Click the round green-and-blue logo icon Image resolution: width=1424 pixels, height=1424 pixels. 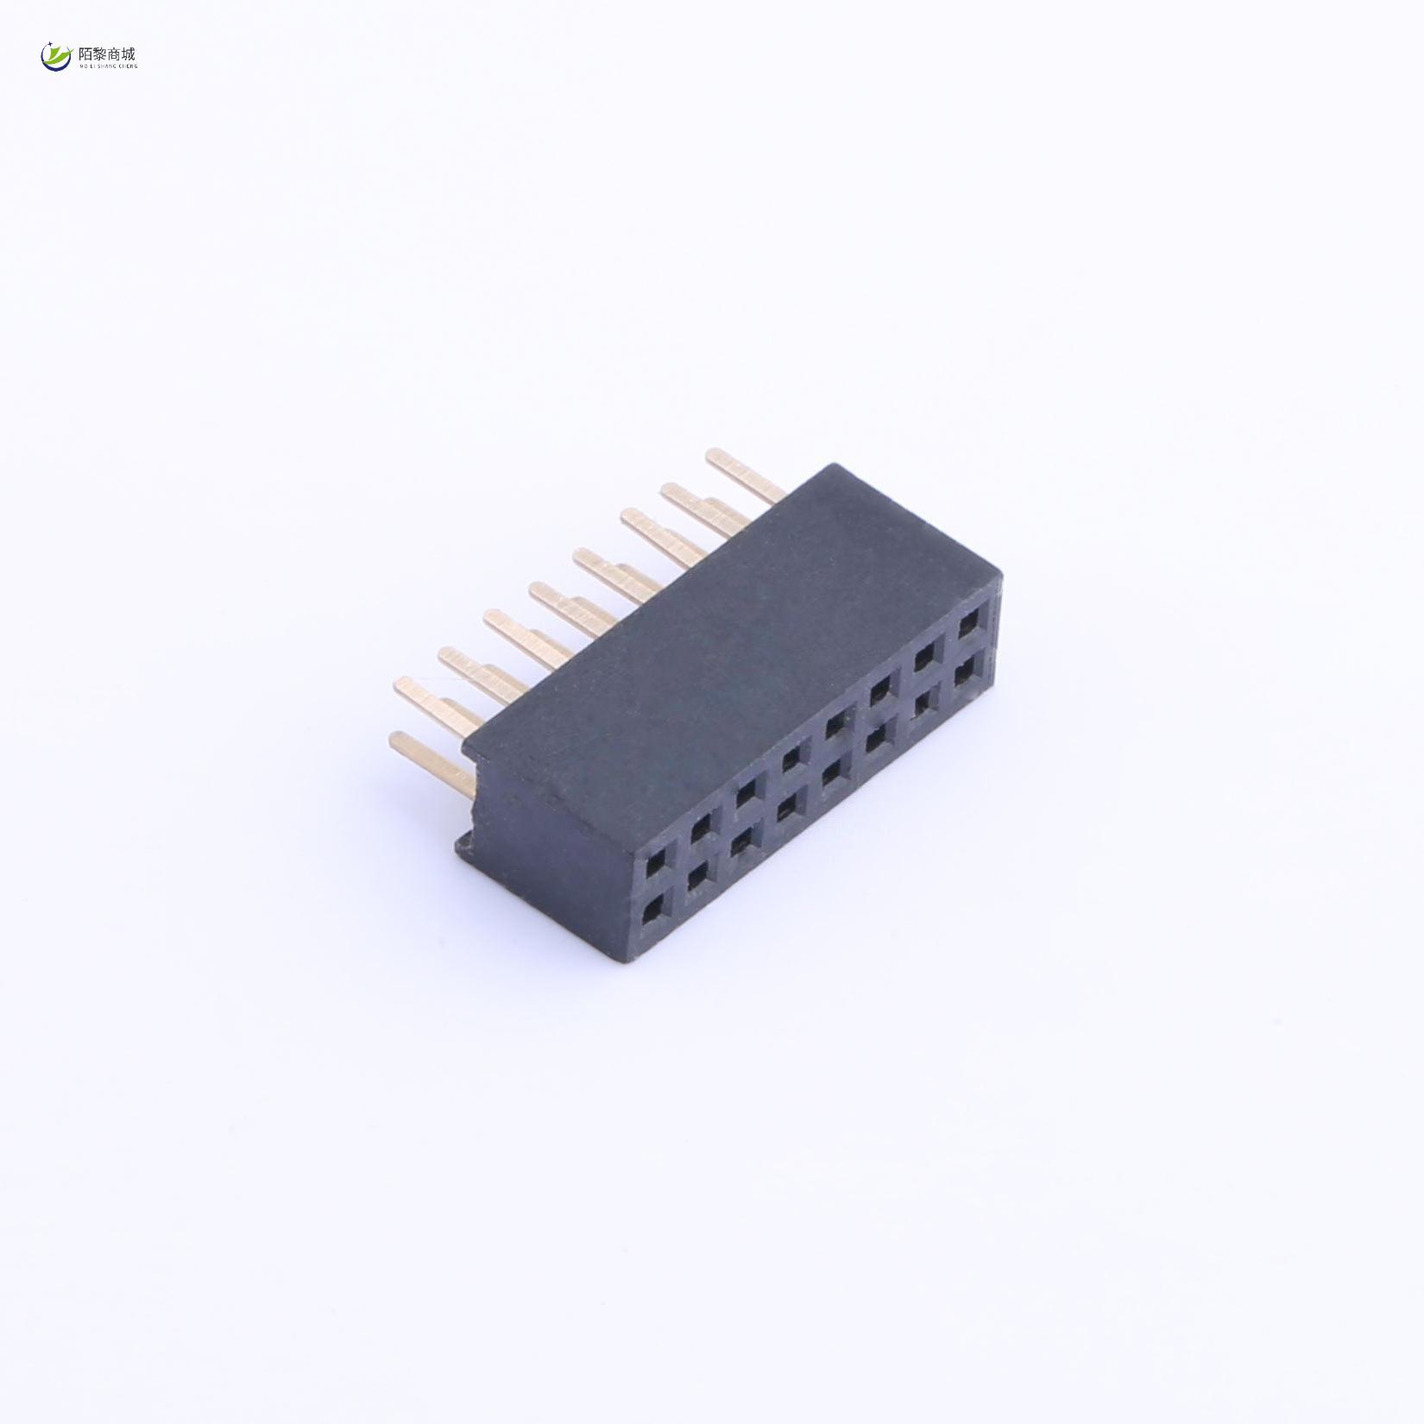pyautogui.click(x=56, y=57)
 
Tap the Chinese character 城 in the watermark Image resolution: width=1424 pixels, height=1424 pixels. pyautogui.click(x=129, y=54)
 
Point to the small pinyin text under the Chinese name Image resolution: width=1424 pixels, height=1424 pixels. pyautogui.click(x=108, y=66)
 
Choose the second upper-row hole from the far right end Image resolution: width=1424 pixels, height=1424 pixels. pyautogui.click(x=926, y=657)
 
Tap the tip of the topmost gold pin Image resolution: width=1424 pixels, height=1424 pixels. pyautogui.click(x=714, y=456)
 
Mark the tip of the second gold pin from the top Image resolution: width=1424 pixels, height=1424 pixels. pyautogui.click(x=670, y=492)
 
